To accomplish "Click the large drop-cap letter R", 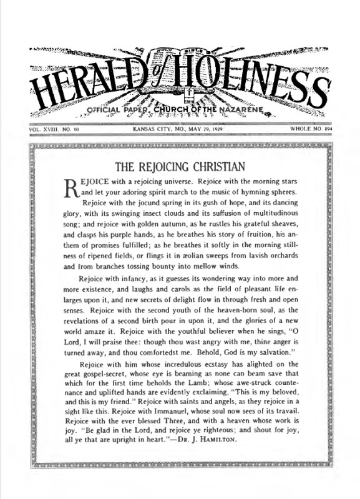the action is (x=72, y=187).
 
